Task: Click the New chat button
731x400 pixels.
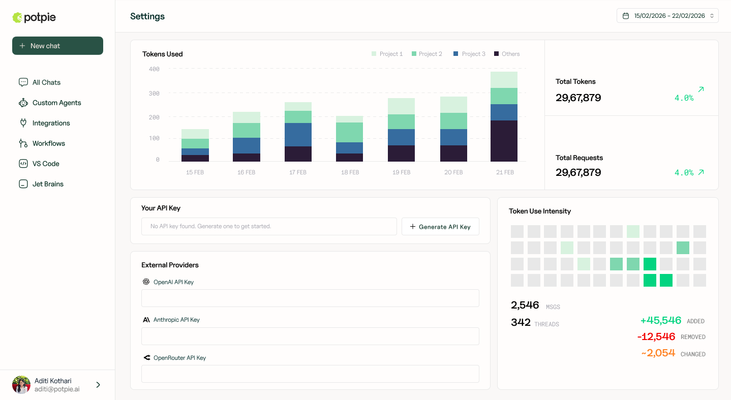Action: (x=57, y=46)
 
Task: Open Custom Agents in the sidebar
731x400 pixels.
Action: (x=56, y=103)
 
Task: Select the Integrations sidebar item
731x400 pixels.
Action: (x=51, y=123)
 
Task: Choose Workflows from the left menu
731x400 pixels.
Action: (x=48, y=143)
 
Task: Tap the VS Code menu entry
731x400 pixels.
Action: (x=46, y=164)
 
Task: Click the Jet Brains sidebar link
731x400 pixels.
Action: (x=48, y=184)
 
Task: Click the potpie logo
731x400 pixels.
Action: (x=34, y=18)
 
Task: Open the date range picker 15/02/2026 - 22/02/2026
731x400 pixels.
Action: (x=667, y=16)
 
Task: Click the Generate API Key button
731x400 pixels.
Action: (x=440, y=227)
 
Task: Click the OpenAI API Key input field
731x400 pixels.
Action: (x=310, y=298)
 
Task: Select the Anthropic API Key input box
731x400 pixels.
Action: (x=310, y=336)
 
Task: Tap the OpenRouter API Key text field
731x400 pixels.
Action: (x=310, y=374)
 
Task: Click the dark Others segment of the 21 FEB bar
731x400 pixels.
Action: (x=504, y=141)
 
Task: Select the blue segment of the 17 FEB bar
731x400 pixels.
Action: (x=297, y=135)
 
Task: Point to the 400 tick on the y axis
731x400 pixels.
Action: (x=154, y=69)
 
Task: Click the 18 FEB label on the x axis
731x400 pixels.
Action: (x=350, y=172)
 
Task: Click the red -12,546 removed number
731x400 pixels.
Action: (x=656, y=336)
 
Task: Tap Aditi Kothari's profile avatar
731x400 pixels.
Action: (x=21, y=385)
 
